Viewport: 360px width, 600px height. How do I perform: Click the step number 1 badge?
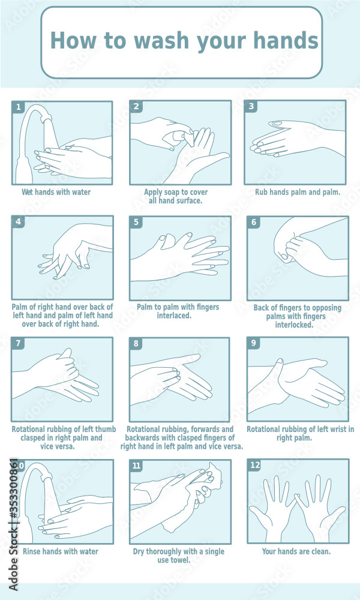(19, 107)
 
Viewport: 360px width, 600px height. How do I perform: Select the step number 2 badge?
(137, 107)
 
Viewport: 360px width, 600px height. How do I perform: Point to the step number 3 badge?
(251, 106)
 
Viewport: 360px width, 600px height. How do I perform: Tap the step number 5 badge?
(137, 222)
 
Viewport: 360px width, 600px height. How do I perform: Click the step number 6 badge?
(254, 222)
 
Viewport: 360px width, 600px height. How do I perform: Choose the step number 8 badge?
(137, 344)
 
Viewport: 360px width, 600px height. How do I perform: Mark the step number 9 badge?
(254, 343)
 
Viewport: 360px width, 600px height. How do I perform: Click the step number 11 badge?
(137, 465)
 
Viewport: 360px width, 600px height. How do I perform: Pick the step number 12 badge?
(254, 465)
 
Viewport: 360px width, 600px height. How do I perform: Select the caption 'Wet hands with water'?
(56, 193)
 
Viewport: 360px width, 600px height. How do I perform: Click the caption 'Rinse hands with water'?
(60, 551)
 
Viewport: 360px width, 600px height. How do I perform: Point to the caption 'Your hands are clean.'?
(296, 551)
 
